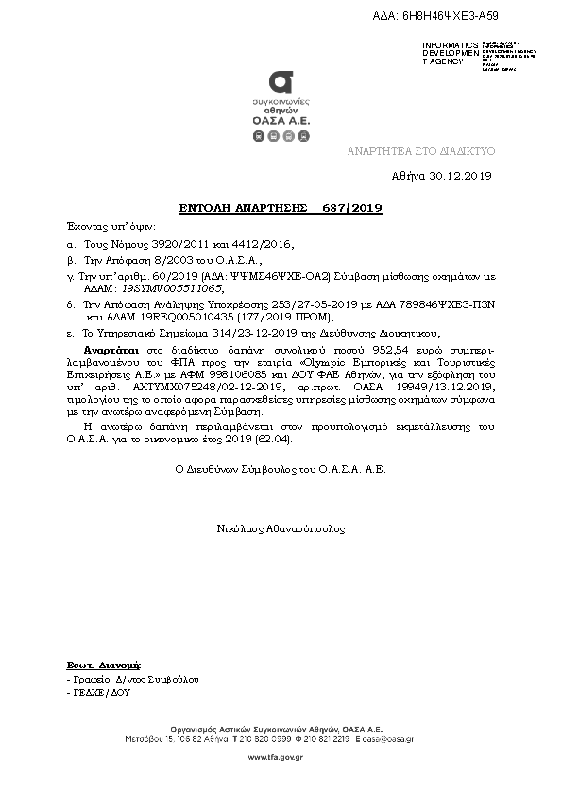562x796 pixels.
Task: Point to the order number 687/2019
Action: pyautogui.click(x=351, y=207)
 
